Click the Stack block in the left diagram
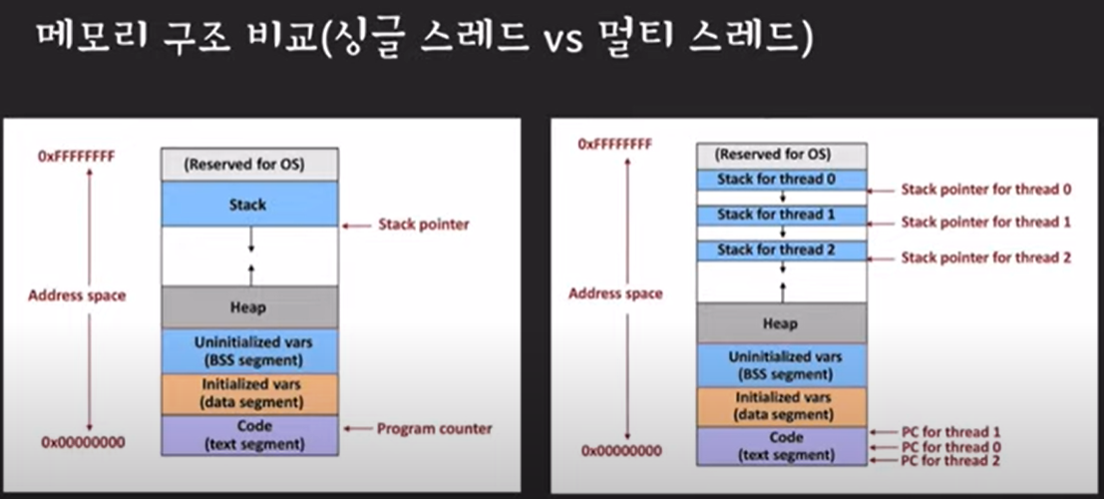[x=250, y=205]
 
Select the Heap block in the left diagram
[x=250, y=307]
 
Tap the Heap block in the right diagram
[x=782, y=323]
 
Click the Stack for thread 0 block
[x=782, y=180]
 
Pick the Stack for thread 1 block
[x=782, y=215]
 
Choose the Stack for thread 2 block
[x=782, y=250]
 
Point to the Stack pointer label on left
[x=423, y=225]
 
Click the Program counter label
[x=435, y=428]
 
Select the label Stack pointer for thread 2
[x=986, y=257]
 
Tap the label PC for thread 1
[x=949, y=432]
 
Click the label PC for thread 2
[x=949, y=461]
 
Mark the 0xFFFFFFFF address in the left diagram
[x=76, y=155]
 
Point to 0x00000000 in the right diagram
[x=621, y=450]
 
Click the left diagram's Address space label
[x=77, y=295]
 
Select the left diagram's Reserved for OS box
[x=250, y=165]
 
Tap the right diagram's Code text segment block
[x=782, y=446]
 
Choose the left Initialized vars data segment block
[x=250, y=394]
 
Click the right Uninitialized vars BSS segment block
[x=782, y=365]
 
